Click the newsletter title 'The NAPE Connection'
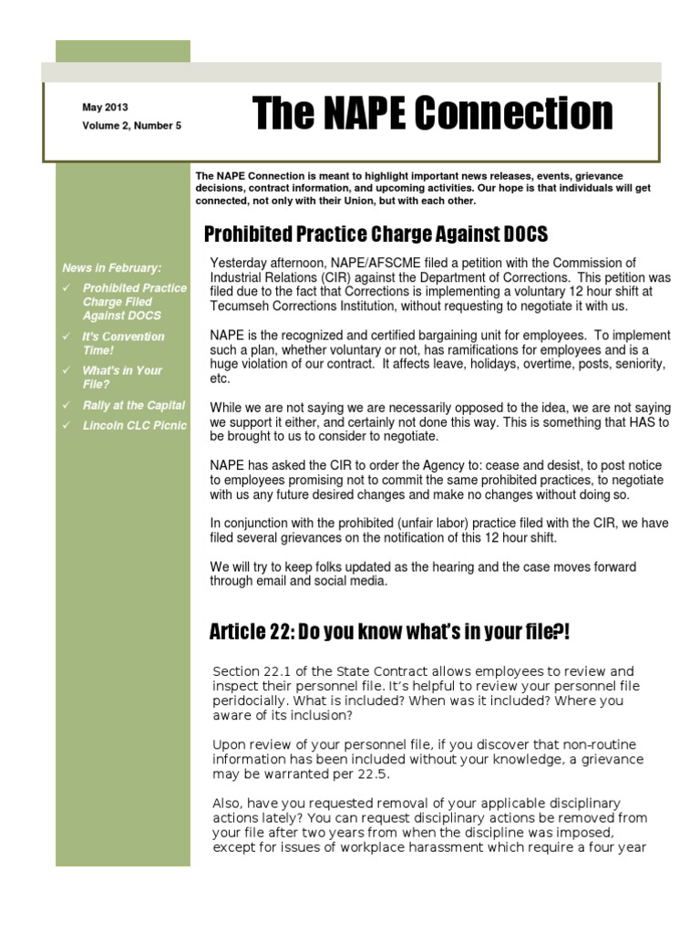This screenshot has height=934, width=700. (x=433, y=114)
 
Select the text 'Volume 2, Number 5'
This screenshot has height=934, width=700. (x=132, y=126)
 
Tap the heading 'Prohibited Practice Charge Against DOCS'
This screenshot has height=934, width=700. (x=376, y=235)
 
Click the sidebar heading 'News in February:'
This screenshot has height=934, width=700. (x=111, y=268)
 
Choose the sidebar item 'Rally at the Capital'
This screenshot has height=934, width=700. (x=133, y=405)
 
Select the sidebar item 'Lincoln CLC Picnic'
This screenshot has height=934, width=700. (x=134, y=425)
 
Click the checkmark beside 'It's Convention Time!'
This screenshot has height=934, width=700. (x=66, y=337)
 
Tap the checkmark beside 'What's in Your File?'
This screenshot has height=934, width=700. (x=66, y=370)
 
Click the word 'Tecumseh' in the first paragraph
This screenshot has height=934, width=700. (x=238, y=306)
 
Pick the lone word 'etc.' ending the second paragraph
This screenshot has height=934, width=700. (x=220, y=379)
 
